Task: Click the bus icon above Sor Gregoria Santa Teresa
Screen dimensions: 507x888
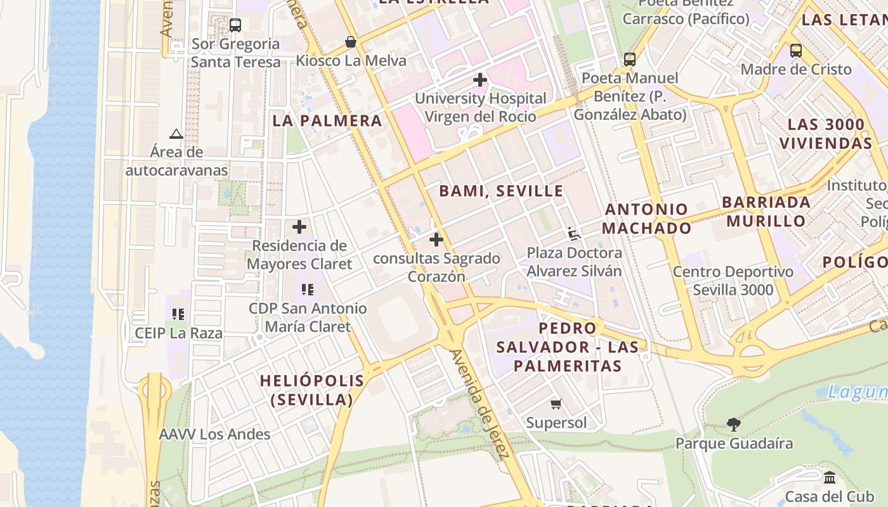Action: pyautogui.click(x=235, y=25)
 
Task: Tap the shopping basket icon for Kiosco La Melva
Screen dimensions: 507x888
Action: pyautogui.click(x=350, y=42)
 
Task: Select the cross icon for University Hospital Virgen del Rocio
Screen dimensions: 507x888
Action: pyautogui.click(x=480, y=80)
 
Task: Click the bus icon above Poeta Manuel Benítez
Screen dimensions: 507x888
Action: pyautogui.click(x=629, y=60)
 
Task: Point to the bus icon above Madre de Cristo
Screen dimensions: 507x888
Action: pyautogui.click(x=796, y=51)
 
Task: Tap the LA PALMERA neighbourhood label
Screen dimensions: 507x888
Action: pyautogui.click(x=327, y=120)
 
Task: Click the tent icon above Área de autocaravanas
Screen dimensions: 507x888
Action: pyautogui.click(x=176, y=134)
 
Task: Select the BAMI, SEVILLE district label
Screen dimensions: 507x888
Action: pyautogui.click(x=501, y=191)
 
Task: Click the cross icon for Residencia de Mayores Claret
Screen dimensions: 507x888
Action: pyautogui.click(x=299, y=227)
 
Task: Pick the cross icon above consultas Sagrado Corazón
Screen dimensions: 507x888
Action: pyautogui.click(x=436, y=240)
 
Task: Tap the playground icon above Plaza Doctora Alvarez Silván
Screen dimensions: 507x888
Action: pyautogui.click(x=574, y=234)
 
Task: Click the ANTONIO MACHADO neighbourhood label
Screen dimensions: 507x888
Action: pyautogui.click(x=646, y=219)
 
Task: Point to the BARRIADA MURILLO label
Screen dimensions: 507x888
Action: pyautogui.click(x=766, y=212)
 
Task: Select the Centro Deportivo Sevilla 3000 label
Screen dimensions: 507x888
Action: pyautogui.click(x=733, y=281)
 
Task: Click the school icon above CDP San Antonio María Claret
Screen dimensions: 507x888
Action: pyautogui.click(x=308, y=290)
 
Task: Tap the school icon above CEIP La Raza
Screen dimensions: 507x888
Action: pyautogui.click(x=178, y=314)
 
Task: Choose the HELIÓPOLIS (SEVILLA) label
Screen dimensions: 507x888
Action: pyautogui.click(x=312, y=390)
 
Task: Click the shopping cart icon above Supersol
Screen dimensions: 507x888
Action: pyautogui.click(x=556, y=404)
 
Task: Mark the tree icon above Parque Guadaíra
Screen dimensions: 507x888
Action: pyautogui.click(x=734, y=424)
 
